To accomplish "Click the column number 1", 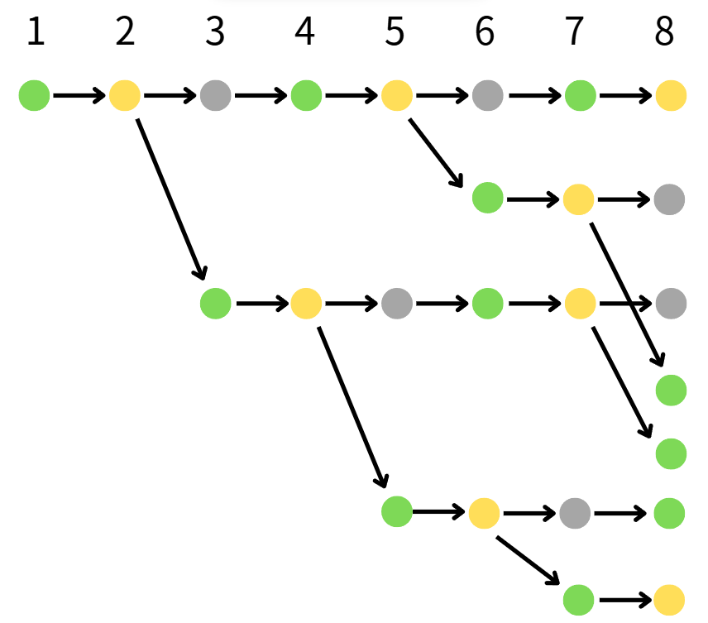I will pos(35,33).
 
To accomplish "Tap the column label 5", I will pos(395,33).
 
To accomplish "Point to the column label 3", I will pos(215,33).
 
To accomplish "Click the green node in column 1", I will pos(35,96).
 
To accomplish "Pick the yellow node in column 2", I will pos(125,96).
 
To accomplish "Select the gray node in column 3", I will pos(215,96).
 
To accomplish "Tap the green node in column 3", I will pos(215,304).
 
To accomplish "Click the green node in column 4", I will pos(305,96).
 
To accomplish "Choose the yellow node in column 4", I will pos(305,304).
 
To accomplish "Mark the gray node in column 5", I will pos(396,304).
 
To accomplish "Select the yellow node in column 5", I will pos(396,96).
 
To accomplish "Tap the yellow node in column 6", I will pos(484,513).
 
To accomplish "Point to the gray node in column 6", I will pos(487,96).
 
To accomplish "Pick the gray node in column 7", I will pos(575,513).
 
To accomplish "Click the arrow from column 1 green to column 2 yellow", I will pos(79,96).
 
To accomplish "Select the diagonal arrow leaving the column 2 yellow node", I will pos(170,199).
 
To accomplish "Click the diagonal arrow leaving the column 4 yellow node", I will pos(352,405).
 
